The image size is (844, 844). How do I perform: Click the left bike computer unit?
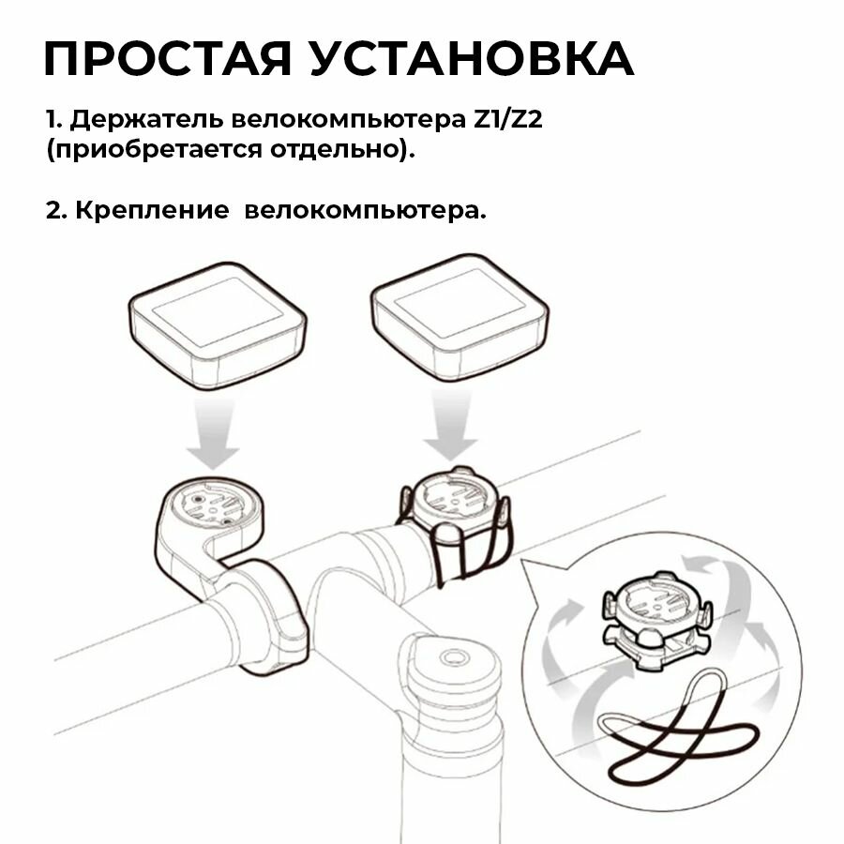[218, 324]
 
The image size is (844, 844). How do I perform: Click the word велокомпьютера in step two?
[366, 210]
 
